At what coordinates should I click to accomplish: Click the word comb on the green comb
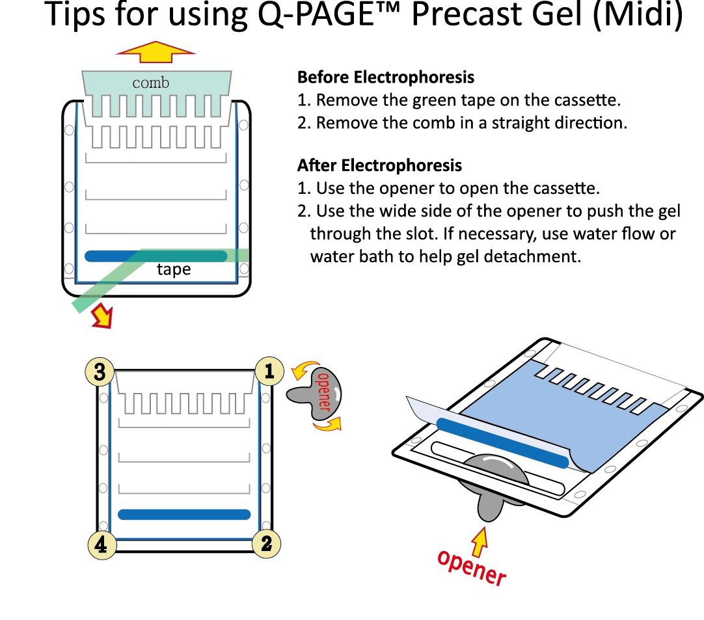(150, 83)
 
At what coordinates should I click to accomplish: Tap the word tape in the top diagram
(174, 269)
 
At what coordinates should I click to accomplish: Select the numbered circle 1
(268, 371)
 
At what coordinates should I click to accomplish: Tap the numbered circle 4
(101, 544)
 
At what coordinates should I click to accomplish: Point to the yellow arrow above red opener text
(479, 542)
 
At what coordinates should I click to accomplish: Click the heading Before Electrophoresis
(386, 77)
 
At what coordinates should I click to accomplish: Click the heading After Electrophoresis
(379, 165)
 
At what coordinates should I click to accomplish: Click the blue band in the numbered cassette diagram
(184, 515)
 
